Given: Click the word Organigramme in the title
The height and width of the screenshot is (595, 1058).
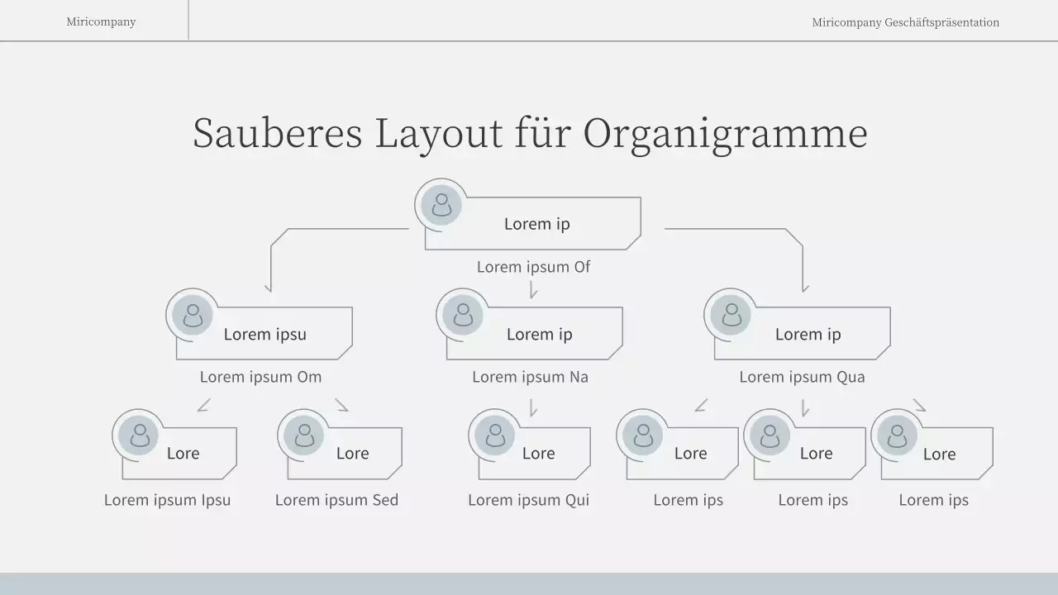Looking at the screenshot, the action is tap(725, 134).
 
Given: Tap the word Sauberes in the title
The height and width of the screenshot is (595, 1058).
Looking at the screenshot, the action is tap(278, 133).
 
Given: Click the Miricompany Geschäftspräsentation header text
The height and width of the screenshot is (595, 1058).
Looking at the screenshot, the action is tap(905, 22).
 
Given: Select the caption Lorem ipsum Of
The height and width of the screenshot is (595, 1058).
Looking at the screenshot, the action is tap(533, 267).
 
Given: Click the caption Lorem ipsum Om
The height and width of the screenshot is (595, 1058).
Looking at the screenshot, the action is tap(260, 377).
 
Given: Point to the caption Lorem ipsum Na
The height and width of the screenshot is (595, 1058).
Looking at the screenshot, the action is tap(531, 377).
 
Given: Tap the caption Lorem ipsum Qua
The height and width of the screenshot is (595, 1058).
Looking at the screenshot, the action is tap(802, 377).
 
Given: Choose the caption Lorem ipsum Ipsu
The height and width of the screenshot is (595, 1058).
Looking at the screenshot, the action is tap(167, 500).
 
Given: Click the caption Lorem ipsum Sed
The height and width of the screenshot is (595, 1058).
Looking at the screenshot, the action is tap(336, 500).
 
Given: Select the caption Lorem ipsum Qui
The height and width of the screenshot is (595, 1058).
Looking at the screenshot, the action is tap(528, 500).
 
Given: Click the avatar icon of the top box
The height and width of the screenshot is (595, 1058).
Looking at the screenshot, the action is tap(441, 205).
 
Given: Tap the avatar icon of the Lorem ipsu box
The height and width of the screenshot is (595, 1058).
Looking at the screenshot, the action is tap(193, 315).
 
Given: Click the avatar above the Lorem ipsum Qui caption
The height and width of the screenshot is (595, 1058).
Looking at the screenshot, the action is tap(494, 435).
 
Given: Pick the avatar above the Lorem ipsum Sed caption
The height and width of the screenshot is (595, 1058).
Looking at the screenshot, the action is tap(303, 435).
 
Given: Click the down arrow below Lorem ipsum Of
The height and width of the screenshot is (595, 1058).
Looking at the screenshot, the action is tap(533, 290).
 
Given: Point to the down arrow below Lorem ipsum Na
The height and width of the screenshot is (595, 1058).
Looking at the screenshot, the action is tap(533, 407).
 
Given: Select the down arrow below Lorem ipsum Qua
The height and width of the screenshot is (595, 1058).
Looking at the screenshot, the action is tap(805, 407).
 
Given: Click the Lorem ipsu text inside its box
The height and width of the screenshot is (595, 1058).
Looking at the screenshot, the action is tap(265, 335).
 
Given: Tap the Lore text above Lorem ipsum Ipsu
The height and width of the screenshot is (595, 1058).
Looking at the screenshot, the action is tap(183, 454).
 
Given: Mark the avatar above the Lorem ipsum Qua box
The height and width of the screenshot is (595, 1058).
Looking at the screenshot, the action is tap(731, 315).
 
